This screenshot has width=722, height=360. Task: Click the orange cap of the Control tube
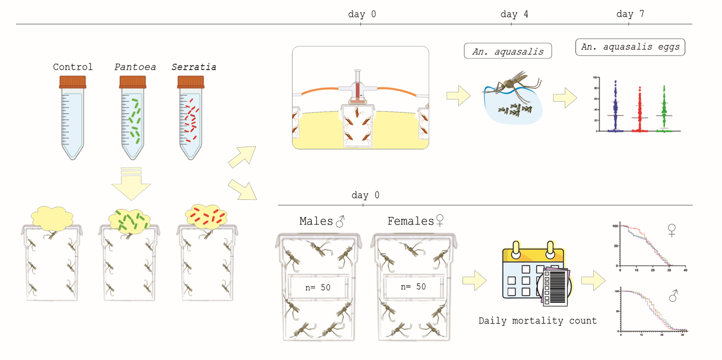click(x=73, y=83)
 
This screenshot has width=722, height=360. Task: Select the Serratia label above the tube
click(x=194, y=67)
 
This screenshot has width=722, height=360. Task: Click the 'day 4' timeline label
click(x=509, y=15)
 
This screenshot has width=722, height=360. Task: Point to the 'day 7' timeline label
click(x=630, y=15)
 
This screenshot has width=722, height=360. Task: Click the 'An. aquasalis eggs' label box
click(x=630, y=47)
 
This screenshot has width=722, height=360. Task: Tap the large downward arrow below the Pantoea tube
click(x=131, y=184)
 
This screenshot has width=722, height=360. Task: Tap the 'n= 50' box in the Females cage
click(x=413, y=286)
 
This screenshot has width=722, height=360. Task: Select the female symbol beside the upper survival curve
click(x=672, y=230)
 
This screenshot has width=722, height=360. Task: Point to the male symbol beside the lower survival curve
click(x=673, y=296)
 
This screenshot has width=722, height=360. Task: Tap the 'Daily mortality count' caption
click(x=537, y=321)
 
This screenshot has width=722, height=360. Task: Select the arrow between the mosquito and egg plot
click(x=565, y=98)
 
